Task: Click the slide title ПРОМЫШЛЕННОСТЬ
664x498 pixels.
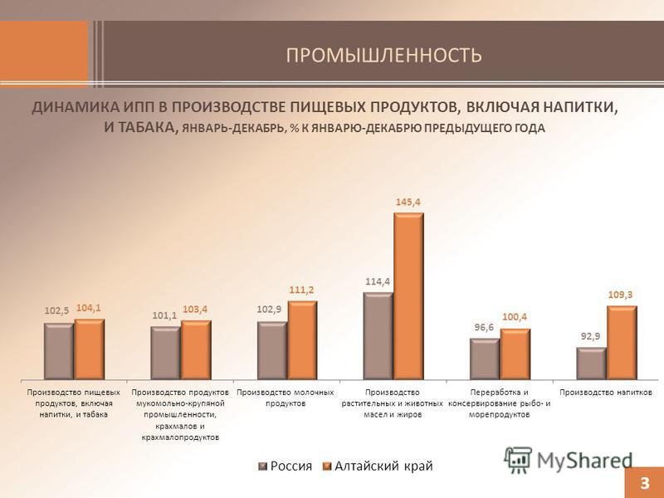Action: (x=383, y=55)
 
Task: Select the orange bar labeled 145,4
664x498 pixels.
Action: (x=408, y=296)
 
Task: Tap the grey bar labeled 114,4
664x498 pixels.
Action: (x=378, y=336)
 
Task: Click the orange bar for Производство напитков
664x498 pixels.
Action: (x=622, y=343)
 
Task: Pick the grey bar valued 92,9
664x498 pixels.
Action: (x=592, y=364)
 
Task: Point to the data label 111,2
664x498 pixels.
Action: (x=301, y=290)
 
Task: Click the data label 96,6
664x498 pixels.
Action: (x=484, y=328)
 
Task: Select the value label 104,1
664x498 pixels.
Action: (x=89, y=308)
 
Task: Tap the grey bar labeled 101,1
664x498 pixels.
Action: (x=165, y=354)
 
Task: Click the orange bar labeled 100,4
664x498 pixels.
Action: (x=515, y=354)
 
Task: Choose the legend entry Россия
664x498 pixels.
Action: (x=285, y=466)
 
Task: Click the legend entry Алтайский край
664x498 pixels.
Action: (x=378, y=466)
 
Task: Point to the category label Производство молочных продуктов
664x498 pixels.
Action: (x=285, y=398)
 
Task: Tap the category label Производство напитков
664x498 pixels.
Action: (x=606, y=393)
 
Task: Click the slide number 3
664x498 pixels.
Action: (x=645, y=483)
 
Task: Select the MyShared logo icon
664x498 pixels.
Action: (x=517, y=460)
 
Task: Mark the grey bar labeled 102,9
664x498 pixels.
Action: (x=272, y=350)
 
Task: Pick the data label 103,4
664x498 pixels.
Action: (x=195, y=310)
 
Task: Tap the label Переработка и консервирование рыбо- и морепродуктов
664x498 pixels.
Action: (x=500, y=403)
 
